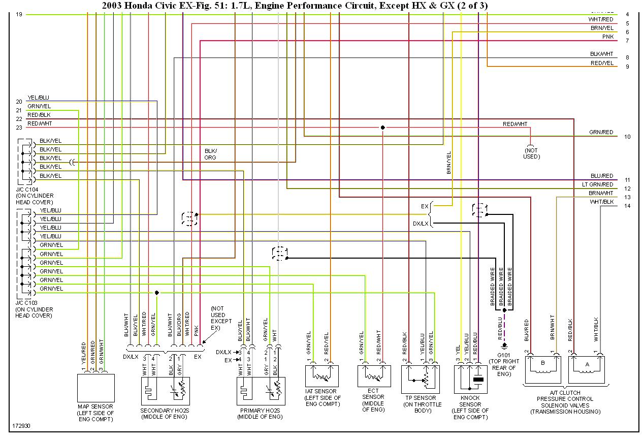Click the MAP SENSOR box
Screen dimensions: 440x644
[95, 388]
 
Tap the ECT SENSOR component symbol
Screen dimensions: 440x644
[374, 375]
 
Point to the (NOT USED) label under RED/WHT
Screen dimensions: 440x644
[531, 153]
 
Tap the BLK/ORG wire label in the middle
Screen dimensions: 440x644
[210, 154]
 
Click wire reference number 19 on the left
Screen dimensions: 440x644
[19, 14]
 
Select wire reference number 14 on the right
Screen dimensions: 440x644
[628, 206]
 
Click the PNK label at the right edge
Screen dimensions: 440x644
[607, 37]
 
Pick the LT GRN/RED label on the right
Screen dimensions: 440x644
[597, 184]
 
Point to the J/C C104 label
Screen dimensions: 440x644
[28, 190]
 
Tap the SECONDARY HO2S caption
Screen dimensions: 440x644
[164, 411]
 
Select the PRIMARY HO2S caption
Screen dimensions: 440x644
[260, 411]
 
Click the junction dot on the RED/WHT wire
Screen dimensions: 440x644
[382, 128]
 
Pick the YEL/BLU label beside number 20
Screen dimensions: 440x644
[38, 98]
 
